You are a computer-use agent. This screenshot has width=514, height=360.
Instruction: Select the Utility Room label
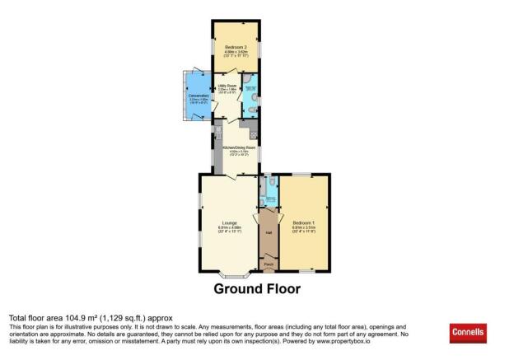(227, 85)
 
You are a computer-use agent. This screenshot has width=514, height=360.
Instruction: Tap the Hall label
(269, 232)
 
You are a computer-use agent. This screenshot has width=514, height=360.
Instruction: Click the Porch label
(269, 264)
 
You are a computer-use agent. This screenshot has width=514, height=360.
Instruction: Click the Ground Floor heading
(257, 289)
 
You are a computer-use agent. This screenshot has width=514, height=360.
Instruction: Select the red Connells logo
(468, 334)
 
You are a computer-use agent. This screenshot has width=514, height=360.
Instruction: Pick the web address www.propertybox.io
(345, 343)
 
